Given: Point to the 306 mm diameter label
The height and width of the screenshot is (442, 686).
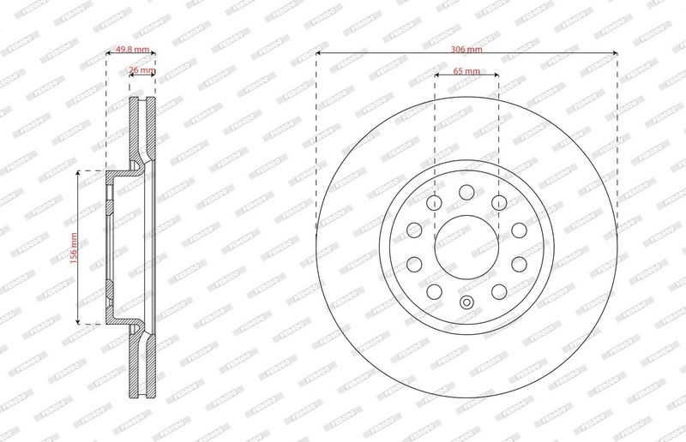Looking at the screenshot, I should (x=466, y=50).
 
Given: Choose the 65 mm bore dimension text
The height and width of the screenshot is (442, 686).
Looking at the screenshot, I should (x=466, y=71).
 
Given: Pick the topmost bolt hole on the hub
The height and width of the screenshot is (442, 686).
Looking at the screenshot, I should (x=466, y=192).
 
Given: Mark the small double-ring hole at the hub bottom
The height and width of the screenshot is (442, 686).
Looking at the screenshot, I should (x=466, y=302).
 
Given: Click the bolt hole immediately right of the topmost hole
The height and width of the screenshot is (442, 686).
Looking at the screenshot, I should (x=499, y=203).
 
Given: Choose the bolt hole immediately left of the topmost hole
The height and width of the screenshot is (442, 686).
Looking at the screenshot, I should (x=434, y=203).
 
